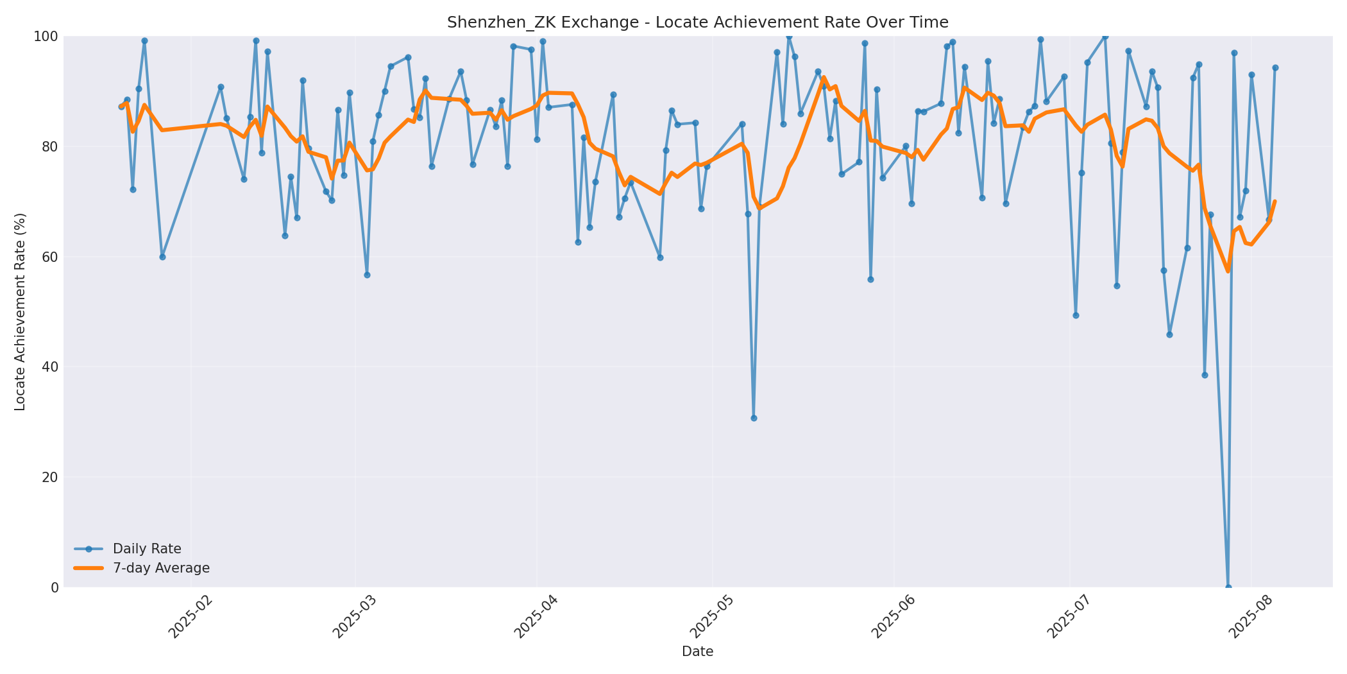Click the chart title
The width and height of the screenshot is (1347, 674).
coord(697,22)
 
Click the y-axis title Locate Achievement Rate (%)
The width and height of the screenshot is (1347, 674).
coord(20,311)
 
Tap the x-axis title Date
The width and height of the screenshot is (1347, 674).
coord(697,652)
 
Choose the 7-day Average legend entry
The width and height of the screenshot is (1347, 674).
coord(161,568)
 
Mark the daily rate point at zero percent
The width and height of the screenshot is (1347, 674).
coord(1228,587)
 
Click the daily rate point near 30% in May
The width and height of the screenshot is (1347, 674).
coord(754,418)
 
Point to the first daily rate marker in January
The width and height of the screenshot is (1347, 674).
coord(121,107)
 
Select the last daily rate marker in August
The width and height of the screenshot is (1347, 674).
coord(1275,67)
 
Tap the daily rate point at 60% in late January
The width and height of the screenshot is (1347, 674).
coord(162,257)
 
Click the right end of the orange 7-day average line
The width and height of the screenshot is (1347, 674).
coord(1275,202)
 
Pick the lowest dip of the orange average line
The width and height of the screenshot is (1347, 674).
coord(1228,272)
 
